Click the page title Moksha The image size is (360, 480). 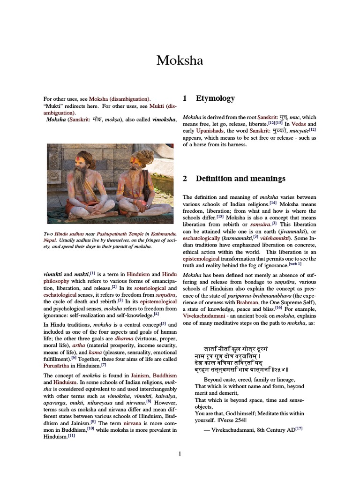coord(180,60)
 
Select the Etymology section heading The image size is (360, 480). coord(215,98)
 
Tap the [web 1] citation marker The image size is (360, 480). coord(295,263)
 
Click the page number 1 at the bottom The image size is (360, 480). coord(180,453)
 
